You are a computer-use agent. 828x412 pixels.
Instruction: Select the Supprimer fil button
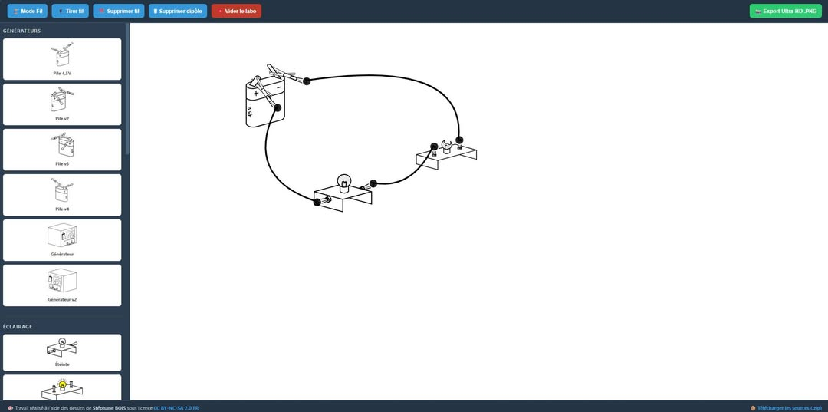click(x=118, y=11)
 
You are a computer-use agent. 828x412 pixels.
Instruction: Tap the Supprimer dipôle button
click(x=177, y=11)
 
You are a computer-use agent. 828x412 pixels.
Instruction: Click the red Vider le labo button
click(x=236, y=11)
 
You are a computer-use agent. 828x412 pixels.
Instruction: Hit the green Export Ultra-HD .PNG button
click(x=785, y=11)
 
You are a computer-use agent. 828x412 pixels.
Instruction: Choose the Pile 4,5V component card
click(x=62, y=59)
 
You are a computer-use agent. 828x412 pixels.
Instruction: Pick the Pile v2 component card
click(x=62, y=104)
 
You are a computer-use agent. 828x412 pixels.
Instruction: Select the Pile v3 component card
click(x=62, y=150)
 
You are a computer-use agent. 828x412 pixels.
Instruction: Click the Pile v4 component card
click(x=62, y=195)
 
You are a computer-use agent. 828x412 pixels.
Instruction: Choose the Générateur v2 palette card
click(x=62, y=285)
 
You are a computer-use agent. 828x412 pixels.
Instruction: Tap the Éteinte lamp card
click(x=62, y=352)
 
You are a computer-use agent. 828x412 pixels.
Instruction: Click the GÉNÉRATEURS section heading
click(x=21, y=31)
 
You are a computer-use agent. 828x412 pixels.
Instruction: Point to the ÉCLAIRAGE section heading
click(x=18, y=326)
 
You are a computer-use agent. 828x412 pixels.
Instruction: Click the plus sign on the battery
click(x=256, y=94)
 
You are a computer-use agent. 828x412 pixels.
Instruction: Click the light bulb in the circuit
click(x=344, y=183)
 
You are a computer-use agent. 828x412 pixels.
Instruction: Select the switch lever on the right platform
click(x=447, y=147)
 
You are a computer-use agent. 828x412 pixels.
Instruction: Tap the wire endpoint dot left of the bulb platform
click(x=317, y=203)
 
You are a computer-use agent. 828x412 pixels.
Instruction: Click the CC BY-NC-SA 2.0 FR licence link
click(x=176, y=407)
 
